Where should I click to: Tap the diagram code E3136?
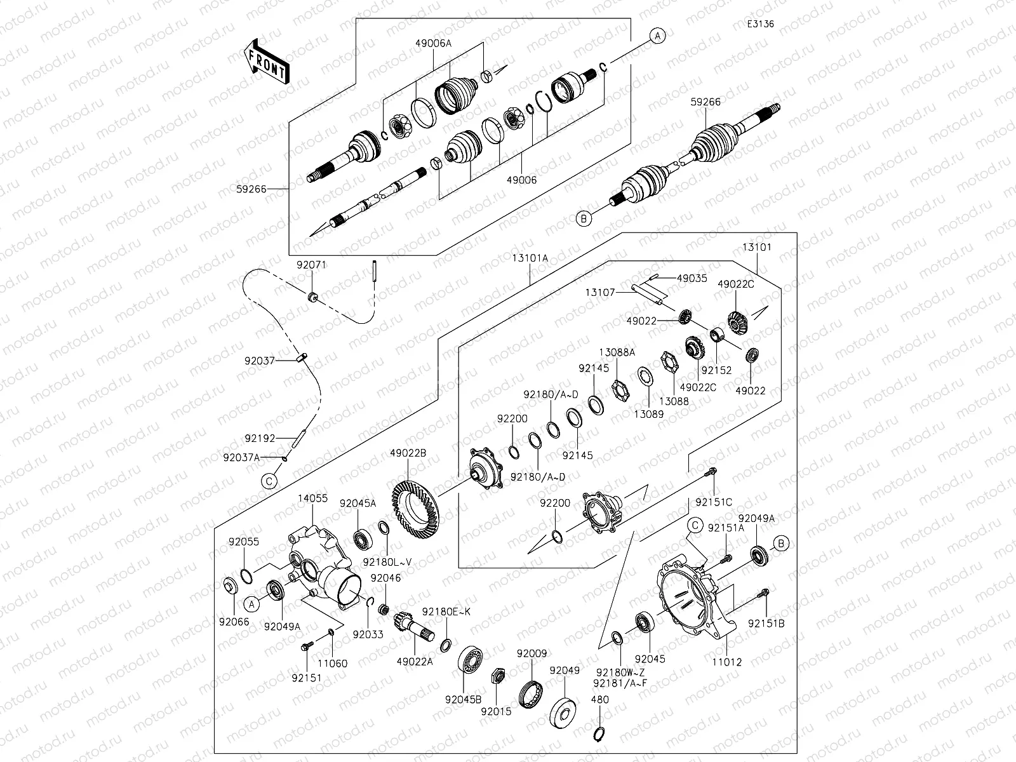pos(761,24)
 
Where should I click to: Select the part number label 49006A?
pos(434,43)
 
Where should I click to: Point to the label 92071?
pos(311,265)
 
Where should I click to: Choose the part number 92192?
pos(260,438)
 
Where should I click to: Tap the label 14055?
pos(312,498)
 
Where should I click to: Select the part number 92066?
pos(235,622)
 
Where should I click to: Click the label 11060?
pos(333,664)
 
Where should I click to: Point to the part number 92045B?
pos(464,699)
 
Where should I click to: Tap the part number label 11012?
pos(726,662)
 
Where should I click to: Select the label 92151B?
pos(766,623)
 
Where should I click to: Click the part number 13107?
pos(600,292)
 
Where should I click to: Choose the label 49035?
pos(692,278)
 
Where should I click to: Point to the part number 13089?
pos(648,414)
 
